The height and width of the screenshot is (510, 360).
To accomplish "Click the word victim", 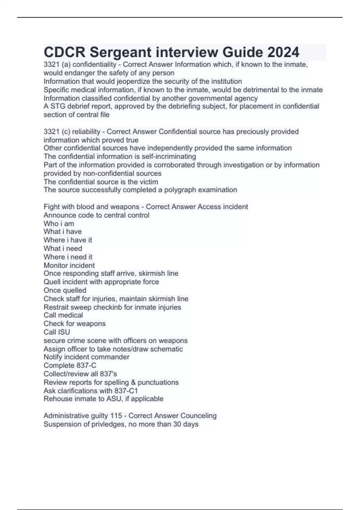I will pyautogui.click(x=148, y=182).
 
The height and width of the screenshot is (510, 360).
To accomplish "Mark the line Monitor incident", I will pyautogui.click(x=69, y=265).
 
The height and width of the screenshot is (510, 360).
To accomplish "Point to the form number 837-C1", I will pyautogui.click(x=126, y=391).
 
